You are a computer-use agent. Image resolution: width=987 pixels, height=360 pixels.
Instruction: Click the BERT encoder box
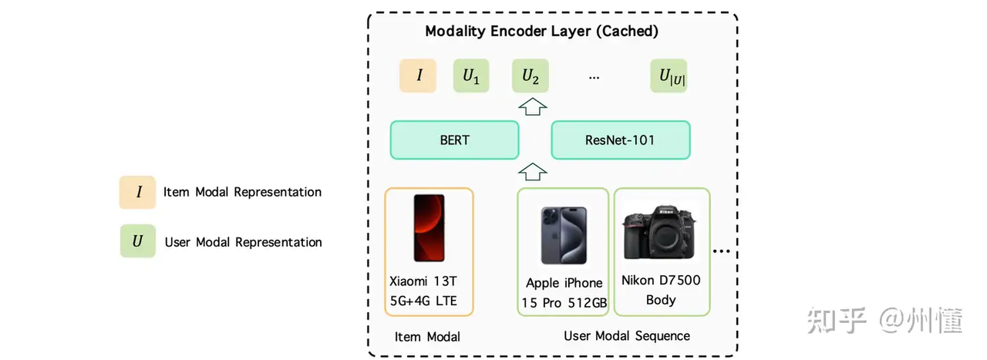(x=454, y=140)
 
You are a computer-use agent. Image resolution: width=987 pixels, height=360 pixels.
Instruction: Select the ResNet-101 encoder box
(x=620, y=140)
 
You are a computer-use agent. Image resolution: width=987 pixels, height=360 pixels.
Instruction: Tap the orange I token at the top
(x=419, y=76)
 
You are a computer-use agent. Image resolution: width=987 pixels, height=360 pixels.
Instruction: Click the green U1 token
(x=471, y=76)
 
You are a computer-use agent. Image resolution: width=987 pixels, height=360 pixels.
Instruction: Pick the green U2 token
(x=530, y=76)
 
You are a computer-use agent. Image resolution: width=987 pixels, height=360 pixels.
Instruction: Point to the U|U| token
(x=668, y=76)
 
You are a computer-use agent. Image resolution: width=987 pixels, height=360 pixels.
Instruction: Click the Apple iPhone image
(x=562, y=235)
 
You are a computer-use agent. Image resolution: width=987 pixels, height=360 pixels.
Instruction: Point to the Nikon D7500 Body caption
(x=661, y=290)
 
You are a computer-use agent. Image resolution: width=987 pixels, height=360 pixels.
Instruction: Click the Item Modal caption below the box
(x=427, y=336)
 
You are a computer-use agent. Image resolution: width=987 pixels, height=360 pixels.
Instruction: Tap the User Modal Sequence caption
(x=626, y=335)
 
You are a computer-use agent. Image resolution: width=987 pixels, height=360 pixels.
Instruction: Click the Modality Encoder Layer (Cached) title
(x=541, y=32)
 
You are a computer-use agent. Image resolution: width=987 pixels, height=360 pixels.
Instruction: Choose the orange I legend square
(x=138, y=192)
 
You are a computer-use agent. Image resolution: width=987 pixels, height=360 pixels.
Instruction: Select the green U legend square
(x=138, y=241)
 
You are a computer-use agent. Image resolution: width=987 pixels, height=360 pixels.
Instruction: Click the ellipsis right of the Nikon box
(x=723, y=251)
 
